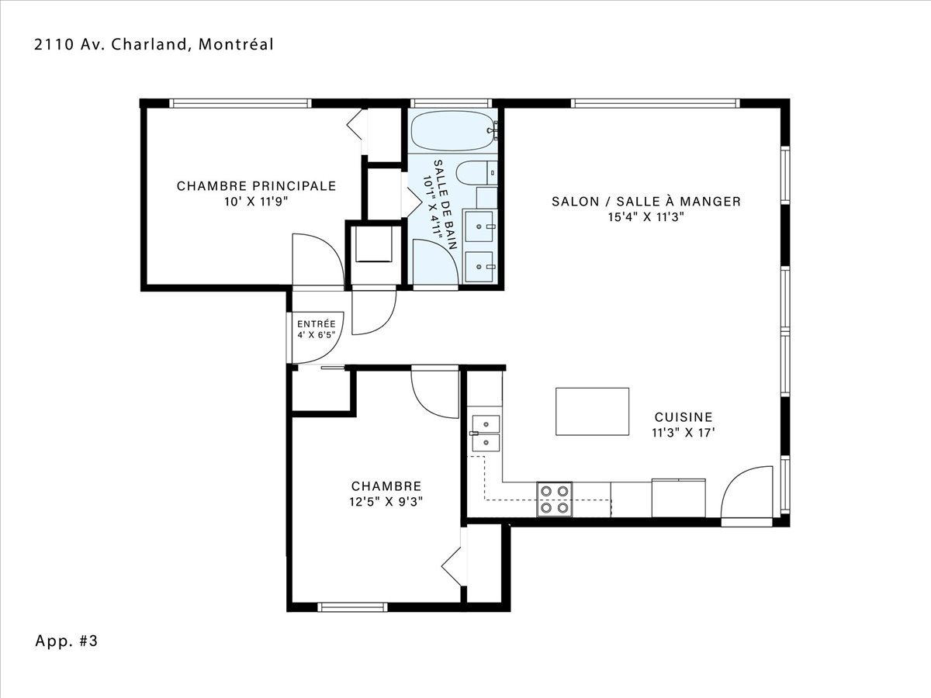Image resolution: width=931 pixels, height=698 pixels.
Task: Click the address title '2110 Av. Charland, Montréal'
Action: pos(154,44)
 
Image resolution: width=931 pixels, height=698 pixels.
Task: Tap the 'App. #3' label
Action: pos(67,641)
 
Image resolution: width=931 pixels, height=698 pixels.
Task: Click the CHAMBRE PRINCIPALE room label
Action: pos(256,186)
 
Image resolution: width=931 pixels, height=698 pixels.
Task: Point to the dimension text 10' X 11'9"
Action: pos(256,202)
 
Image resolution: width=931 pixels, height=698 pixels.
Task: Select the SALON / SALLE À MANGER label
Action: pos(646,202)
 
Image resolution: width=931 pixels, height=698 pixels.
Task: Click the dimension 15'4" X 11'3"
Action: pos(646,217)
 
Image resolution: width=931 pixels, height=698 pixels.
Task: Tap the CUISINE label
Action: pos(684,417)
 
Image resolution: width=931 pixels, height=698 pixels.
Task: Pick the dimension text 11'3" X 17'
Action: pos(684,433)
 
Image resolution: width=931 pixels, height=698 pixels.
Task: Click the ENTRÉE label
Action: pos(317,323)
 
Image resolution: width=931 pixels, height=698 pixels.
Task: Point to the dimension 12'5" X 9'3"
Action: pos(386,502)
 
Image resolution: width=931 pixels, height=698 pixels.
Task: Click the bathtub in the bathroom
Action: pos(452,130)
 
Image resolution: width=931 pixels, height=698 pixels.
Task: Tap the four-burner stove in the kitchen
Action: pos(555,499)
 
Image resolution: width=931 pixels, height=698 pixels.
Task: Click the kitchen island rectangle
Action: pos(592,411)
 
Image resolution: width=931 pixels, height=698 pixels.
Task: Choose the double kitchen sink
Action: pos(486,433)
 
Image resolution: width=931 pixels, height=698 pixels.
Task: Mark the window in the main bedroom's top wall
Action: pos(240,103)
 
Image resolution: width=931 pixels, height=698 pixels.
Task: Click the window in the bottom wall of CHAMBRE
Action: pos(353,607)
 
